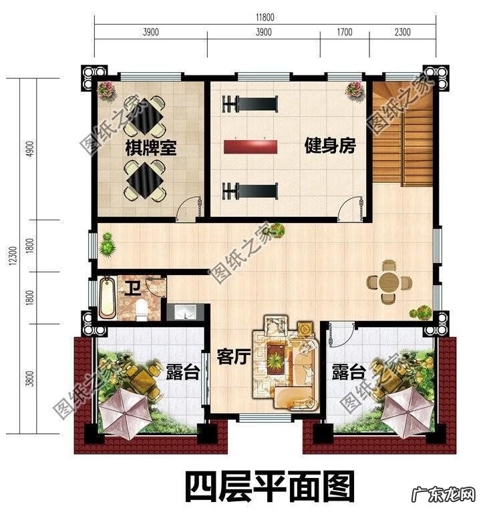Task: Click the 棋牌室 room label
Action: click(151, 148)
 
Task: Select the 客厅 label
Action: click(233, 357)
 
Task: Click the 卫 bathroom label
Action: click(133, 288)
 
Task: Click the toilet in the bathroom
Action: click(140, 309)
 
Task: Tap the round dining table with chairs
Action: click(388, 284)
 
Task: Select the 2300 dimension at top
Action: click(403, 32)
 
